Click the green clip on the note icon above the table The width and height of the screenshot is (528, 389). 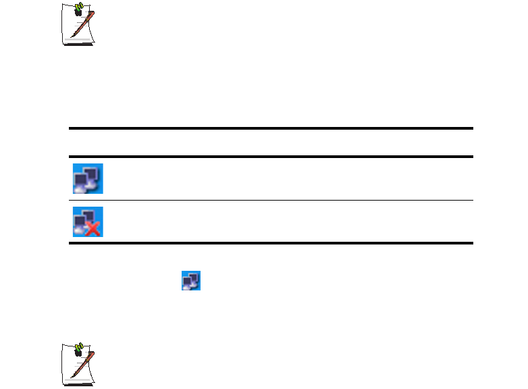(x=79, y=9)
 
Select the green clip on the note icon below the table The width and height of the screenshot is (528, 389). (x=79, y=348)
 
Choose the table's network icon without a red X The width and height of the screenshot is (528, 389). (x=88, y=178)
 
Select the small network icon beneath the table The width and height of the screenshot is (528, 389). (x=191, y=281)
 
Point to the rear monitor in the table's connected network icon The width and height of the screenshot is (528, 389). (x=93, y=172)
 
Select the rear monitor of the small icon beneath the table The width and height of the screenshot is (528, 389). (x=194, y=277)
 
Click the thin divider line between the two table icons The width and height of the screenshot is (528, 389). (x=270, y=200)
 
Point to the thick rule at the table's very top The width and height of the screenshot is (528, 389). (x=270, y=128)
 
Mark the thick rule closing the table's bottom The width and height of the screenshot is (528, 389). (x=270, y=242)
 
